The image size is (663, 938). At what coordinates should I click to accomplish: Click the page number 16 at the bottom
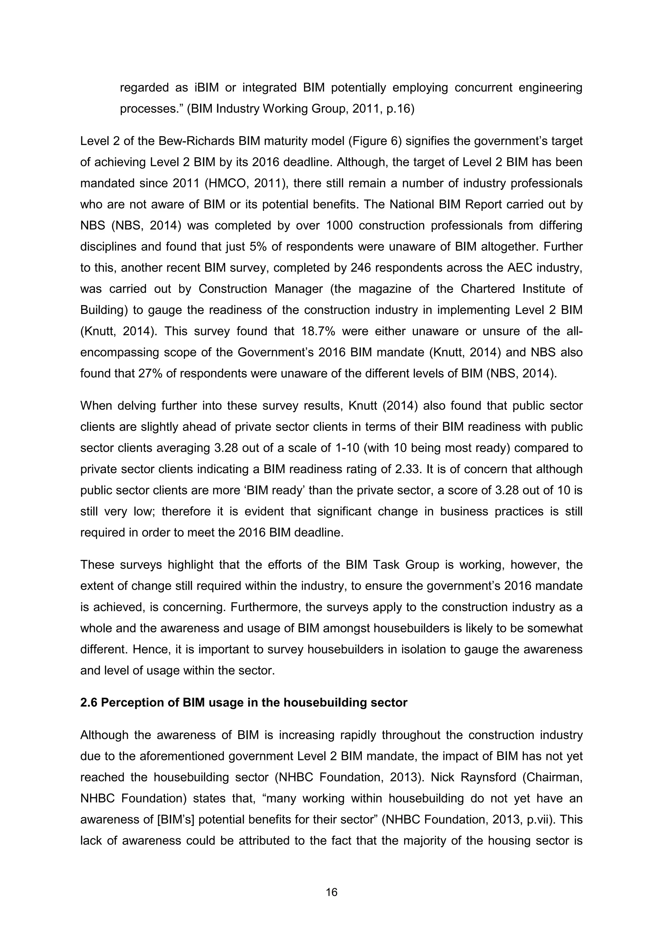(x=331, y=892)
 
